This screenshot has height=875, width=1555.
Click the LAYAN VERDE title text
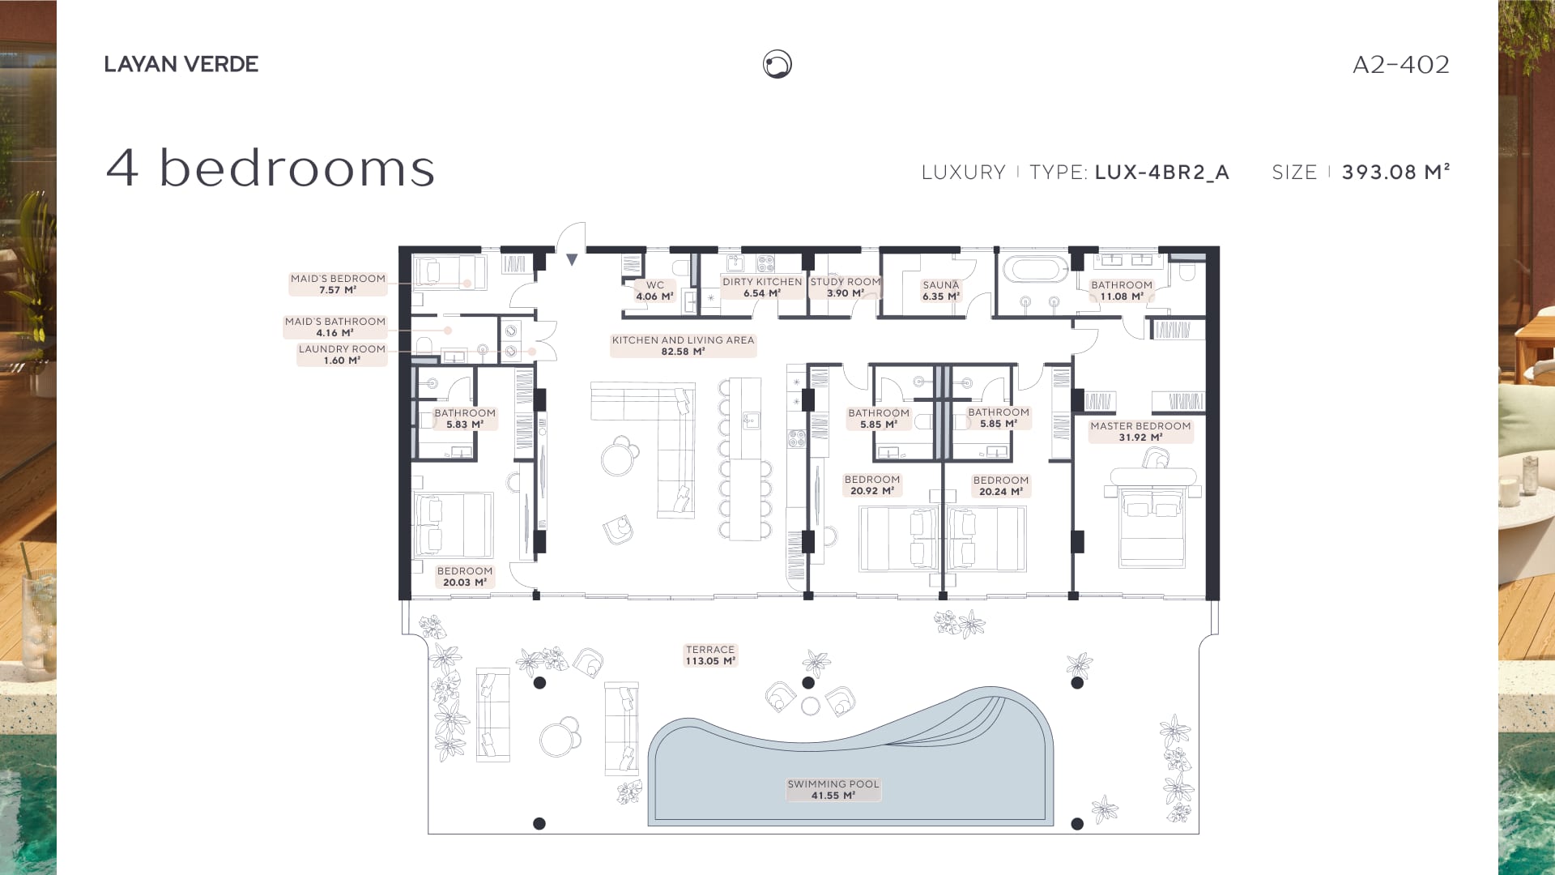pyautogui.click(x=181, y=64)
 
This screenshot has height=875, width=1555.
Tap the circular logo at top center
pyautogui.click(x=777, y=64)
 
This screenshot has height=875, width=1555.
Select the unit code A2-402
pyautogui.click(x=1401, y=64)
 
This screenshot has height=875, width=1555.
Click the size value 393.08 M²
pyautogui.click(x=1395, y=172)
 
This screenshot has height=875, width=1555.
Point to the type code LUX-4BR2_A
pyautogui.click(x=1161, y=173)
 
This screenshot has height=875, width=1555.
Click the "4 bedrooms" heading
pyautogui.click(x=271, y=168)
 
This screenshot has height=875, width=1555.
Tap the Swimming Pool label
pyautogui.click(x=833, y=790)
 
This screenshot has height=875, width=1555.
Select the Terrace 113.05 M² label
pyautogui.click(x=710, y=655)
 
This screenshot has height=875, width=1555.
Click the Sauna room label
pyautogui.click(x=941, y=291)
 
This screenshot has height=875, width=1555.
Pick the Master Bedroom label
pyautogui.click(x=1140, y=432)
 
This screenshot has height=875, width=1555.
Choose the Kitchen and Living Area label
pyautogui.click(x=683, y=346)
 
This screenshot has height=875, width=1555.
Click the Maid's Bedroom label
pyautogui.click(x=338, y=284)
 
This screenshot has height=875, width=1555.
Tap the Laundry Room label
pyautogui.click(x=342, y=355)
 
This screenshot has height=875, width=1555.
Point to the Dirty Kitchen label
pyautogui.click(x=762, y=288)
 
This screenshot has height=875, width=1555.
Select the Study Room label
pyautogui.click(x=846, y=288)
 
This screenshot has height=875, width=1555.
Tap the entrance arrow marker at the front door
pyautogui.click(x=572, y=260)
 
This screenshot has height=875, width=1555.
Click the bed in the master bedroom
pyautogui.click(x=1152, y=519)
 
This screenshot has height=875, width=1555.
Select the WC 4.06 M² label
pyautogui.click(x=655, y=291)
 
